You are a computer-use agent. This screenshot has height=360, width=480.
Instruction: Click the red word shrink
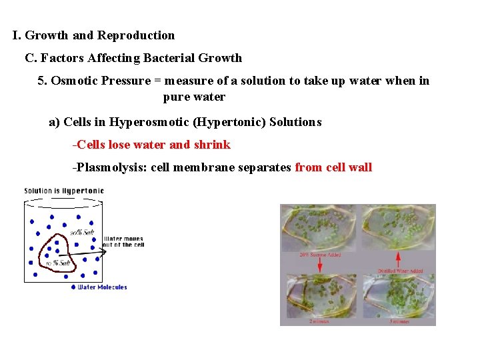click(212, 145)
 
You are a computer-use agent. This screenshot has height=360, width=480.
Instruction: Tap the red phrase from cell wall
click(333, 167)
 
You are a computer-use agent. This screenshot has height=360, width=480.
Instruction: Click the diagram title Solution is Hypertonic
click(64, 191)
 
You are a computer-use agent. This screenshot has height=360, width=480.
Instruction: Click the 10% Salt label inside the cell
click(58, 263)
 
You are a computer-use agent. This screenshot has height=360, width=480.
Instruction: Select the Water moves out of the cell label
click(123, 241)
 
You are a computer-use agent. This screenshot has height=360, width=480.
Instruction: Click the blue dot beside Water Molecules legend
click(73, 287)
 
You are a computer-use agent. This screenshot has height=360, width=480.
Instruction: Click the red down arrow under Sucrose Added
click(320, 264)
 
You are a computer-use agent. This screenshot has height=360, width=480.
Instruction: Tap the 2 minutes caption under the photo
click(319, 321)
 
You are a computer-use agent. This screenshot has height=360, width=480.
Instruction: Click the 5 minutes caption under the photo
click(399, 321)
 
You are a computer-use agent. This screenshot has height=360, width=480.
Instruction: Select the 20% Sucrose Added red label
click(321, 255)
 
